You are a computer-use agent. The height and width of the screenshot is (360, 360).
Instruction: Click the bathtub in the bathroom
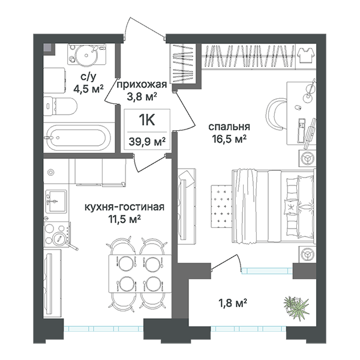tap(79, 137)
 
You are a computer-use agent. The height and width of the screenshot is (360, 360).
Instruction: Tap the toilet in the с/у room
tap(60, 106)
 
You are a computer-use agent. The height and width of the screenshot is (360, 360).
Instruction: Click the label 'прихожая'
tap(142, 85)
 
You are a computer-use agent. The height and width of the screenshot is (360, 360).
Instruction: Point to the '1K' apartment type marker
tap(147, 120)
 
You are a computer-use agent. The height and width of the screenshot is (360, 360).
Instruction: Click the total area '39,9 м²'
tap(147, 141)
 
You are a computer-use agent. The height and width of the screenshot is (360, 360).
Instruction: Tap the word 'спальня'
tap(229, 127)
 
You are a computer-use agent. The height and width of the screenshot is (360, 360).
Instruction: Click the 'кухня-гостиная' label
tap(124, 207)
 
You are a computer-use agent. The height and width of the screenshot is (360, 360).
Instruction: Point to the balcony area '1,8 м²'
tap(232, 303)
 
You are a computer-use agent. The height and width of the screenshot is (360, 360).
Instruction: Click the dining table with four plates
tap(140, 273)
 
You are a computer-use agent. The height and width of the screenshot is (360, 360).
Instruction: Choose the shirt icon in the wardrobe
tap(306, 55)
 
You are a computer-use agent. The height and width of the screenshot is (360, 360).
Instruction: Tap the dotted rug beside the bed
tap(221, 205)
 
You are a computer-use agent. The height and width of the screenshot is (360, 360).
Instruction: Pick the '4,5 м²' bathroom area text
tap(88, 89)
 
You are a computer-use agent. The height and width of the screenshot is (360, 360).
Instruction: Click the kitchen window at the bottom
tap(103, 329)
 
